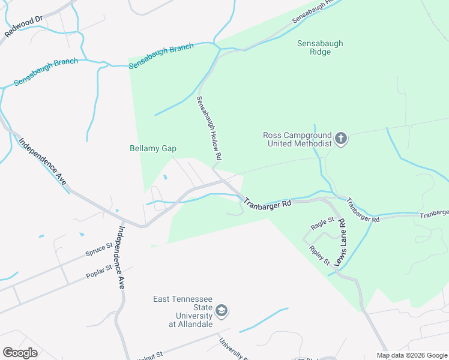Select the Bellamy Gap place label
(153, 149)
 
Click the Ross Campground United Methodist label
(297, 139)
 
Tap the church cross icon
(340, 139)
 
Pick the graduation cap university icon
(221, 311)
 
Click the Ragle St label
(322, 224)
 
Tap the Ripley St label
(319, 255)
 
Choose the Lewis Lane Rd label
(341, 242)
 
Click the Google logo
(20, 352)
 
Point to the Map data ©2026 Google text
(412, 355)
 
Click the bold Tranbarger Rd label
(267, 203)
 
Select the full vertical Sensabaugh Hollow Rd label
(209, 128)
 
